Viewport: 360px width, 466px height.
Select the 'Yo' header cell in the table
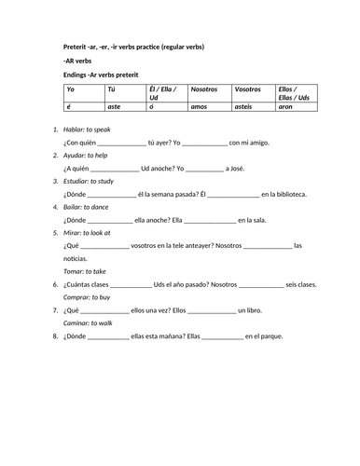tap(70, 89)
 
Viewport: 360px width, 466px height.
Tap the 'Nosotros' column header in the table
tap(204, 89)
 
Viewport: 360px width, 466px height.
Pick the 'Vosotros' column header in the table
tap(249, 89)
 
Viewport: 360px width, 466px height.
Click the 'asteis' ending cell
tap(246, 108)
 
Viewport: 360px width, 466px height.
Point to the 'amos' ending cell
tap(200, 108)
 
